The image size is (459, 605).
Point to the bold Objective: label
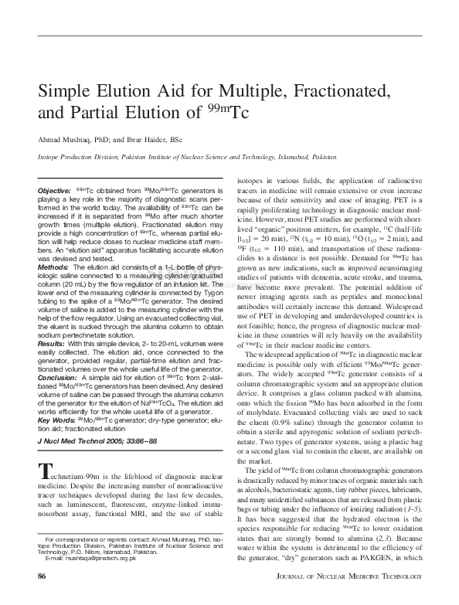coord(54,190)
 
